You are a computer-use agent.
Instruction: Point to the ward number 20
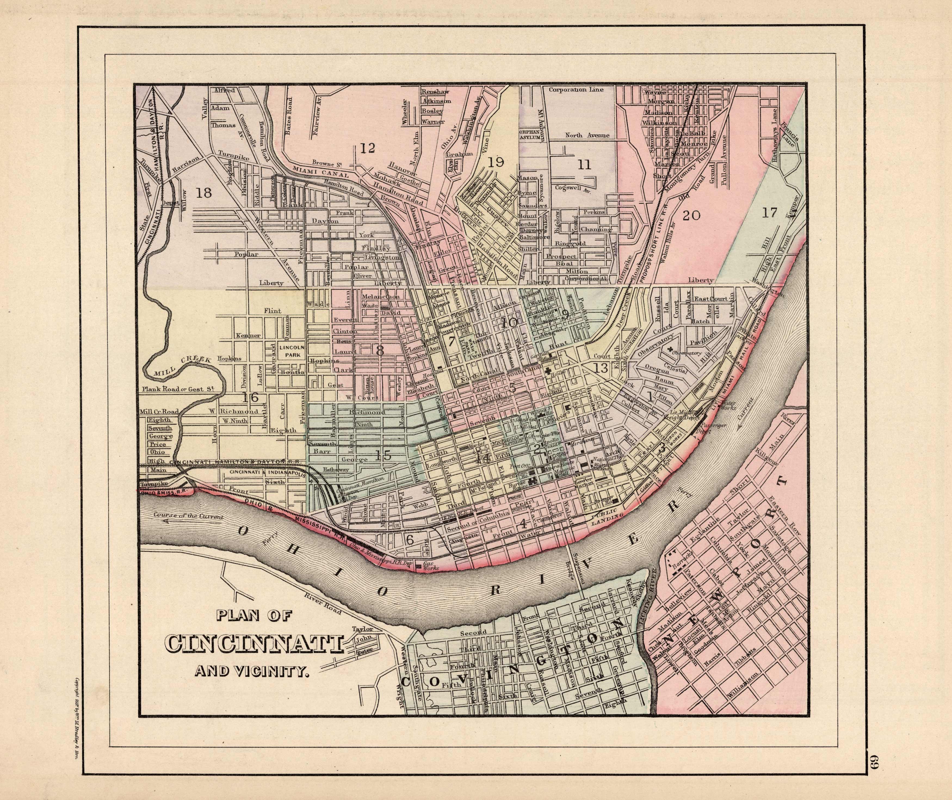(x=692, y=215)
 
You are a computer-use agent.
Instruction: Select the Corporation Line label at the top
(x=576, y=90)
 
